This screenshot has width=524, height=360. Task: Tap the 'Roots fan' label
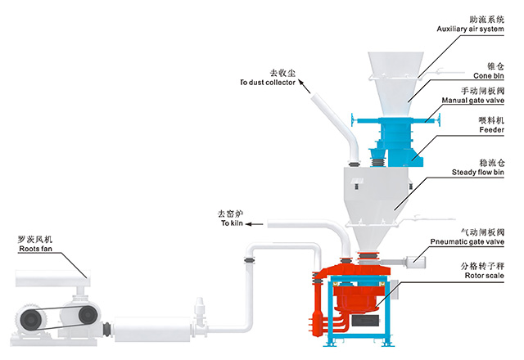[x=35, y=248]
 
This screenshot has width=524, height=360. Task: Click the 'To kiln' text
[x=233, y=223]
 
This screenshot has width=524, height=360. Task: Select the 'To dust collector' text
[x=267, y=83]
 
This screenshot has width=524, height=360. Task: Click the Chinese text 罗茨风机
[x=35, y=238]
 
